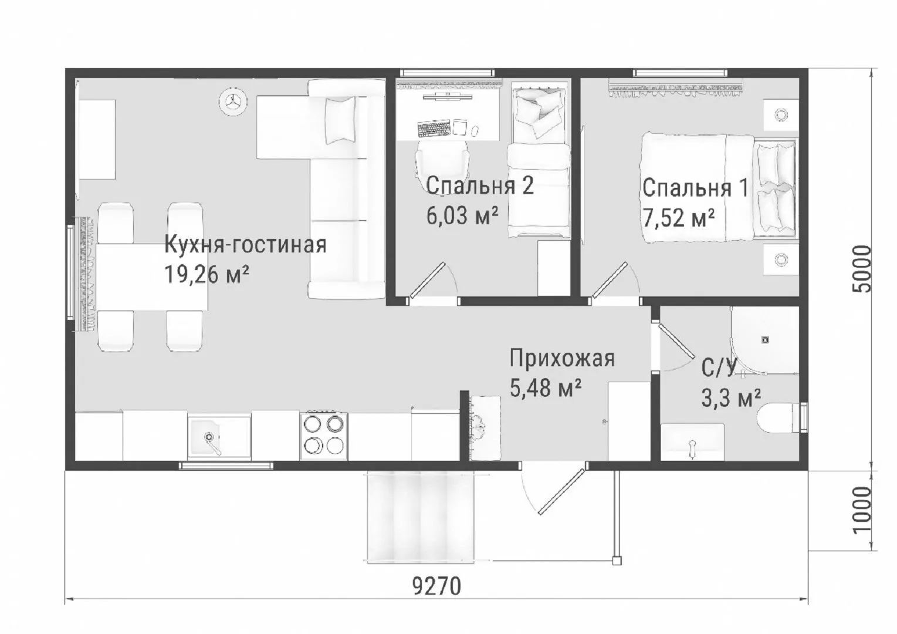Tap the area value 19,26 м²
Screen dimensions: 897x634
207,275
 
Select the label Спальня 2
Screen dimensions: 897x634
480,186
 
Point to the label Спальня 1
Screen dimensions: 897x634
695,188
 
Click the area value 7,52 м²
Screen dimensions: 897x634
679,218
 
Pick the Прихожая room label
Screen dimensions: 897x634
562,358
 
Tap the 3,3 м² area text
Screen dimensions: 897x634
731,398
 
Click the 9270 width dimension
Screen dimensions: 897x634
436,586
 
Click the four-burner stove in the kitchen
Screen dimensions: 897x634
324,435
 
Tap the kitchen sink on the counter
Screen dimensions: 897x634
219,437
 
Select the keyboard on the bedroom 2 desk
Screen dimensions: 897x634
434,129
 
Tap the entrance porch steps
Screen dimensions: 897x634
421,517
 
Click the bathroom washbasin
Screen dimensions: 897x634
692,442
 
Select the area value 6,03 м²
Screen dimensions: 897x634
462,216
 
